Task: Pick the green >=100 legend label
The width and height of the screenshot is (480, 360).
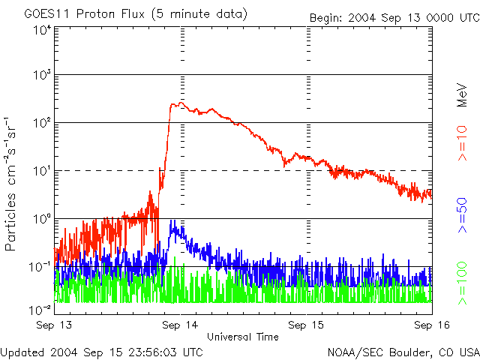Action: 463,282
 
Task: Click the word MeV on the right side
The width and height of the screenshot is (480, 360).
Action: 463,94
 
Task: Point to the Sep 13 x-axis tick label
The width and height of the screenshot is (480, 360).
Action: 54,325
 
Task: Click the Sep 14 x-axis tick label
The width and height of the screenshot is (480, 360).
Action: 180,325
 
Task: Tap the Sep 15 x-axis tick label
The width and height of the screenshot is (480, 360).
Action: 306,325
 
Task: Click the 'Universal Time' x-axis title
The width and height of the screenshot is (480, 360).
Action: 243,337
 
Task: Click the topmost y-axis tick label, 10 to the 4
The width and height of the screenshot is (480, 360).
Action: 41,30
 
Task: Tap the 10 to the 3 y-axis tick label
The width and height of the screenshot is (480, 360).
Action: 41,75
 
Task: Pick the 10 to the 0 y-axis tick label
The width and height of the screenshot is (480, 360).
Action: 41,219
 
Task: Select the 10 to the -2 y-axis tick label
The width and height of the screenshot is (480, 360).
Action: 41,309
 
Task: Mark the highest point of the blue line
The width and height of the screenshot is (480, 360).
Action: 173,222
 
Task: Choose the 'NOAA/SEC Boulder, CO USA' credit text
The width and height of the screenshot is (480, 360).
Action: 403,351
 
